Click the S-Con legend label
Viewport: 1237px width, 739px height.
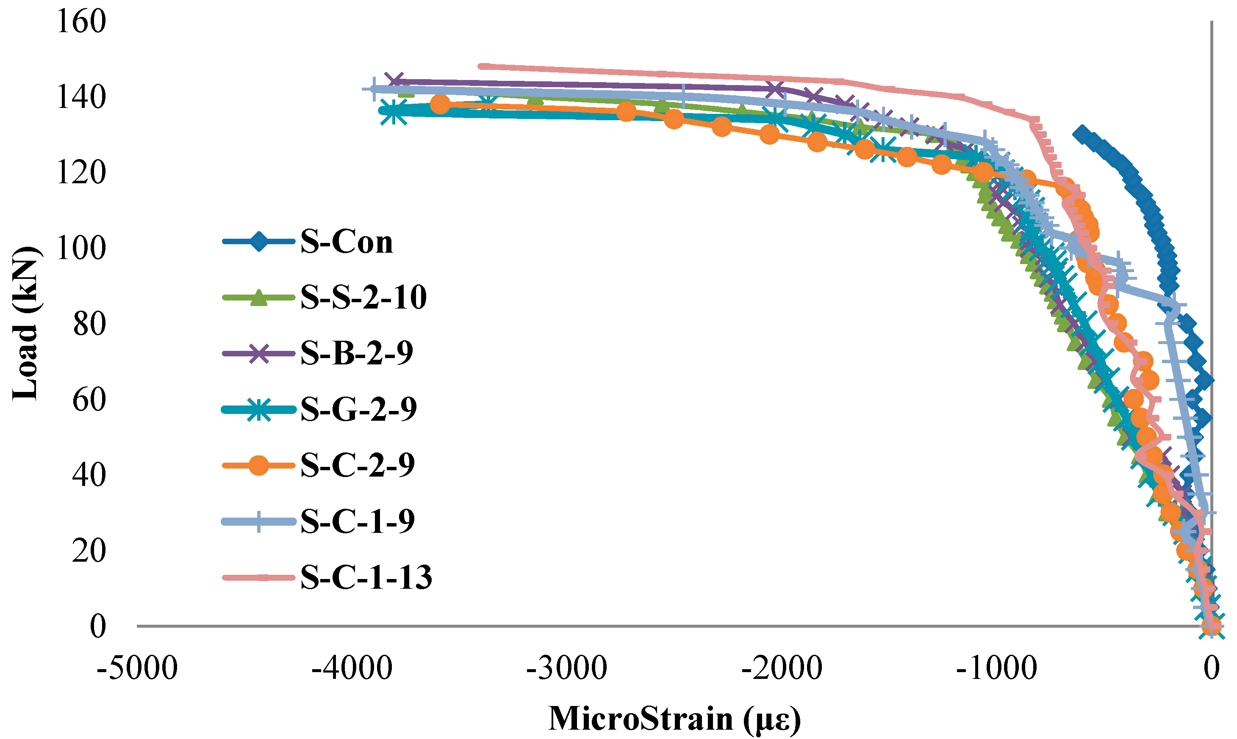[347, 243]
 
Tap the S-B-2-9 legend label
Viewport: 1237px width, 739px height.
[357, 353]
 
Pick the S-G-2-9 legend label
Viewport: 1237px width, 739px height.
[358, 409]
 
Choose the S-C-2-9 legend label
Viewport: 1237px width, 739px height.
[358, 465]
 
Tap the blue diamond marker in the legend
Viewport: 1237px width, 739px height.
[258, 243]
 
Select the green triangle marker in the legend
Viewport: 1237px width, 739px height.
[258, 298]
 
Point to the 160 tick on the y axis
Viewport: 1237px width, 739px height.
[82, 22]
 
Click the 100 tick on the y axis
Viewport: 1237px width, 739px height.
[82, 248]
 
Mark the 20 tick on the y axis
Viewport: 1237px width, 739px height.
[89, 550]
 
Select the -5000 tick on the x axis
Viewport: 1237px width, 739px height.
[137, 668]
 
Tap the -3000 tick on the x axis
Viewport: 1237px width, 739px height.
[567, 668]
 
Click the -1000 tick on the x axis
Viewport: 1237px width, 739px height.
[997, 668]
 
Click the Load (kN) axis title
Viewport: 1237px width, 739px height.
[25, 324]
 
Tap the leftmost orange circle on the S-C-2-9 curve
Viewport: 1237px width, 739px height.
[440, 104]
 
